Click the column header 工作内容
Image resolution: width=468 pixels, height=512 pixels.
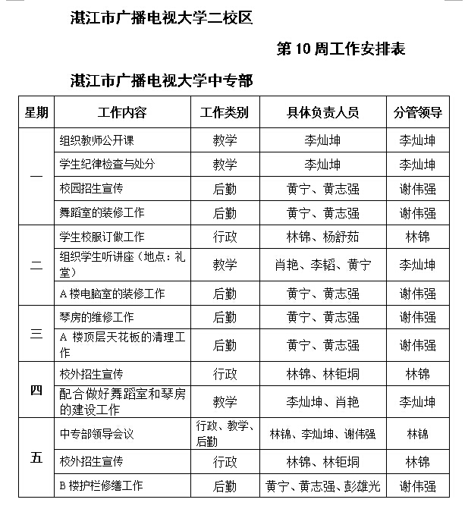[x=122, y=113]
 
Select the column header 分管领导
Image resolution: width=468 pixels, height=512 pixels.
[x=417, y=113]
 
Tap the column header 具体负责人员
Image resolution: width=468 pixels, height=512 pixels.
[x=322, y=113]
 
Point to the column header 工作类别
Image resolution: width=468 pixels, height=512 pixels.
[x=224, y=113]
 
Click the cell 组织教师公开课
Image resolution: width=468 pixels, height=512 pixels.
[x=96, y=140]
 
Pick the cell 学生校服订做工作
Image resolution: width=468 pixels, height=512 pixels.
[x=102, y=237]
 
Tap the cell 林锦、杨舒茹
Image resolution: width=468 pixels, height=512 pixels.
[x=322, y=237]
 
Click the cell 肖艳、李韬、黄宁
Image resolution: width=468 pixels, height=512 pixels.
[x=322, y=265]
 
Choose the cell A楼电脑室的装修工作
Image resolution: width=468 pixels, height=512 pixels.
[x=112, y=293]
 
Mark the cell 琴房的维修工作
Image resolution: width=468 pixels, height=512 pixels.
[x=96, y=317]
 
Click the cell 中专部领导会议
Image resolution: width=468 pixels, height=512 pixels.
[x=96, y=435]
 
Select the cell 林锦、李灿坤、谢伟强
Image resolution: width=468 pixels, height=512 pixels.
[x=322, y=435]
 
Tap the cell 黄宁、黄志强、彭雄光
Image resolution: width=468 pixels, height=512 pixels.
[x=322, y=485]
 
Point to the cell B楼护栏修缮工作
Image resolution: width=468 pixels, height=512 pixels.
[x=101, y=485]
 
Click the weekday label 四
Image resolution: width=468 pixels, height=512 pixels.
[x=36, y=391]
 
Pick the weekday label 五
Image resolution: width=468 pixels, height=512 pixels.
[x=36, y=458]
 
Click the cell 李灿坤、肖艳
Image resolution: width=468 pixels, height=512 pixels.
[x=322, y=402]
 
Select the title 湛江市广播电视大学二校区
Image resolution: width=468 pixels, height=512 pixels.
[x=159, y=17]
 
